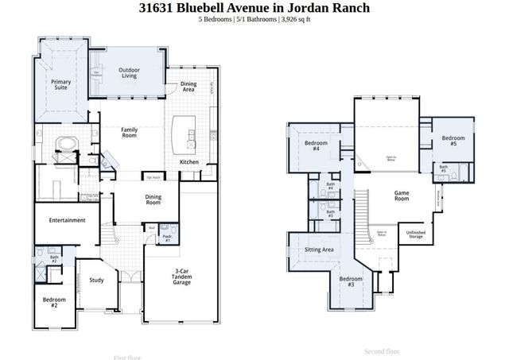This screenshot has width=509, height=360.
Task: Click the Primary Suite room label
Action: pyautogui.click(x=60, y=85)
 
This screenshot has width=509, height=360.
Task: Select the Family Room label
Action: pyautogui.click(x=130, y=133)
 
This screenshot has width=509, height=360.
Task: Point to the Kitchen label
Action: pyautogui.click(x=189, y=162)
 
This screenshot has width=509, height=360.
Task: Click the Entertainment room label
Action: pyautogui.click(x=67, y=220)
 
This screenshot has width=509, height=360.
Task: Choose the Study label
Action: pyautogui.click(x=96, y=279)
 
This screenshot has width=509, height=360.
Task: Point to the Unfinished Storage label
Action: pyautogui.click(x=415, y=235)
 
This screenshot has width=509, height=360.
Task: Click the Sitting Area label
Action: pyautogui.click(x=319, y=250)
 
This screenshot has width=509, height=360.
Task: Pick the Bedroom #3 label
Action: pyautogui.click(x=351, y=281)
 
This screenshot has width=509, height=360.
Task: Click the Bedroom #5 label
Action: pyautogui.click(x=453, y=141)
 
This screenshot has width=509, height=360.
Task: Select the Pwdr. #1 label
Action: pyautogui.click(x=167, y=238)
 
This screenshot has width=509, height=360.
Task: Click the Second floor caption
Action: pyautogui.click(x=382, y=350)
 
